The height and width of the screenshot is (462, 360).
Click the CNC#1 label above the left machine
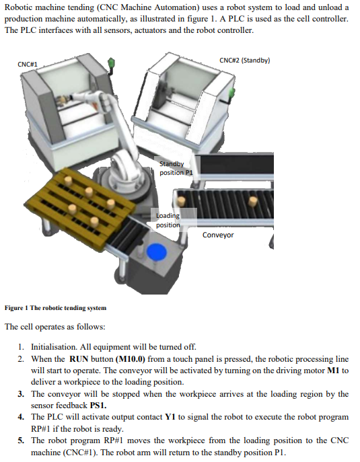[x=27, y=64]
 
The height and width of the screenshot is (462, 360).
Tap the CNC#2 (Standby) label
[x=244, y=60]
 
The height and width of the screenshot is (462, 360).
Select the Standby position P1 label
[x=176, y=167]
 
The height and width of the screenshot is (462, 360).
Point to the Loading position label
[x=168, y=221]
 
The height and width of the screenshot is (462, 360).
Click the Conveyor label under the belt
[x=218, y=235]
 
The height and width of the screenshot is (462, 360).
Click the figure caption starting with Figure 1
[x=55, y=308]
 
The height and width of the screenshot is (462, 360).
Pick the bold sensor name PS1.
[x=79, y=406]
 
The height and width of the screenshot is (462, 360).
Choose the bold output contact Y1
[x=170, y=417]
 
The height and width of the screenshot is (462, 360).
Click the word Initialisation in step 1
[x=54, y=347]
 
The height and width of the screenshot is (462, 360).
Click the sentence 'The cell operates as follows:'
[x=55, y=327]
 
